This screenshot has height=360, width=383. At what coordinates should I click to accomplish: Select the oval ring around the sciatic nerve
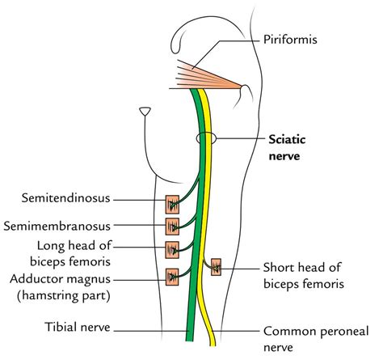pos(208,140)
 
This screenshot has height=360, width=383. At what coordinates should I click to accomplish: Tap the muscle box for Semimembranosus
pos(171,225)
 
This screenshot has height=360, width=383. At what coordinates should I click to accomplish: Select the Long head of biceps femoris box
pos(171,248)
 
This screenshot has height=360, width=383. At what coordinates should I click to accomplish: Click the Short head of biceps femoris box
pos(216,265)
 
